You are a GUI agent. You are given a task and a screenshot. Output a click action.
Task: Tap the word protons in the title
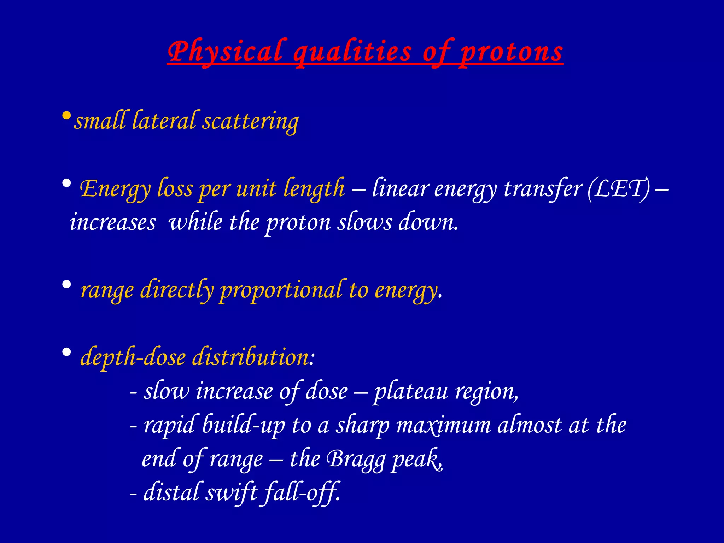click(x=511, y=52)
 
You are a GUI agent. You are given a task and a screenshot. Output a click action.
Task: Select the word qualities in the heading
click(x=352, y=52)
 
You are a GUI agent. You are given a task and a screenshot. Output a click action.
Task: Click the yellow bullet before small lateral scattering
click(x=66, y=116)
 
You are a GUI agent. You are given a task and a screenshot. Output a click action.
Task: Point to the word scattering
click(x=251, y=121)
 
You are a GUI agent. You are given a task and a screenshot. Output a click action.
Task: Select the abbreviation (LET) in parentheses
click(x=618, y=188)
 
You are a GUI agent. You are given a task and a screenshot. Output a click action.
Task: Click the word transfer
click(x=543, y=188)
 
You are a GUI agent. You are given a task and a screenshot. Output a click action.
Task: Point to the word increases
click(x=113, y=223)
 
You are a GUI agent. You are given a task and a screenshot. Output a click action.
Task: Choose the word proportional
click(x=281, y=290)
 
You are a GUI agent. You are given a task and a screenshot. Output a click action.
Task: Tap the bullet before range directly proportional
click(x=66, y=285)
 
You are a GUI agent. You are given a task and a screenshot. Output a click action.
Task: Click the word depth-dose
click(x=133, y=357)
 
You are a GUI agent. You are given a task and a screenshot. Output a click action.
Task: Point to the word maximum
click(x=443, y=425)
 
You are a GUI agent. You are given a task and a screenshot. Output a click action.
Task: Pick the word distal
click(x=171, y=492)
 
